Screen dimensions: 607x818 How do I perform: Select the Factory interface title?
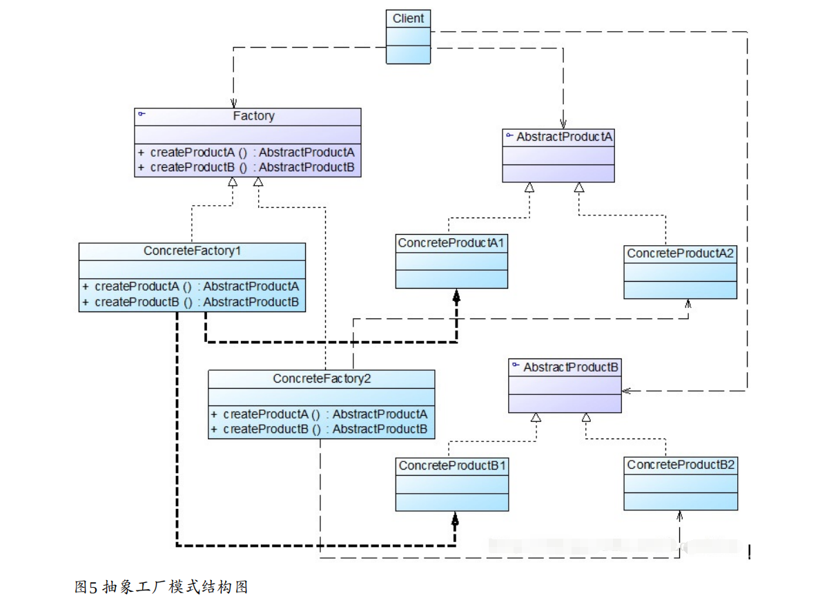click(253, 116)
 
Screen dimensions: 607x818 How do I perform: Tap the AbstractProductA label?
click(564, 137)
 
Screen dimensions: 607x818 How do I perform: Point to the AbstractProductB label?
click(570, 367)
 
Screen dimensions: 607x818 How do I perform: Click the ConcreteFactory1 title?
click(192, 251)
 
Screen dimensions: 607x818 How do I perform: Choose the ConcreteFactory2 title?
click(322, 378)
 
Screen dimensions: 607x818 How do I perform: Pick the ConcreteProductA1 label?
click(451, 243)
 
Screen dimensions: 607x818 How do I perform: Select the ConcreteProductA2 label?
click(680, 253)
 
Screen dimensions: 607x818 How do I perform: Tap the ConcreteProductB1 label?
click(451, 465)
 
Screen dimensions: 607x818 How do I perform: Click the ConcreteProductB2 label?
click(680, 465)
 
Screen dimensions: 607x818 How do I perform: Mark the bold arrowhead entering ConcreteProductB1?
click(455, 519)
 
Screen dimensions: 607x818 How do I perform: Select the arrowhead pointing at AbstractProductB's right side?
click(626, 391)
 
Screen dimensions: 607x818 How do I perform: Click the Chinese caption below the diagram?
click(161, 587)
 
